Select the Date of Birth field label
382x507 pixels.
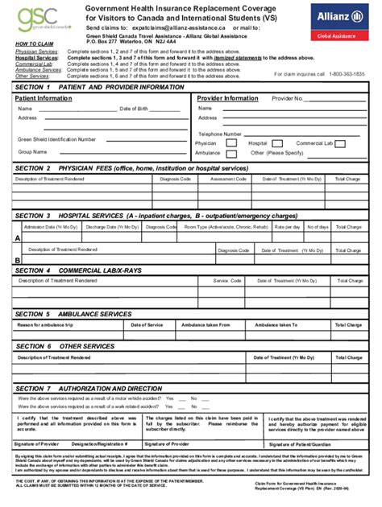pyautogui.click(x=134, y=108)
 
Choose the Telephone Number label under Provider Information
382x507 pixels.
pyautogui.click(x=220, y=134)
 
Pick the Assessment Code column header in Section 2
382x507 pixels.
pyautogui.click(x=228, y=179)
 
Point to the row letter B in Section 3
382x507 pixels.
pyautogui.click(x=17, y=260)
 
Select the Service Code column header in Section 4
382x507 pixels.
pyautogui.click(x=226, y=281)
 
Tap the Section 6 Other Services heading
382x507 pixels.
pyautogui.click(x=64, y=346)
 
